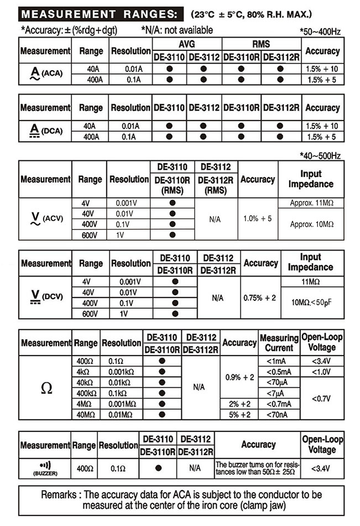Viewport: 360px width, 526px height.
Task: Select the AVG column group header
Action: [187, 44]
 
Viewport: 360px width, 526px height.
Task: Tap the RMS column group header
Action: [261, 44]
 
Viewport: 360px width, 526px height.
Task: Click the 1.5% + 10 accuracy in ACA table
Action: [322, 70]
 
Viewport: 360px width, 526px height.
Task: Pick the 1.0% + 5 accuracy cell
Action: [258, 219]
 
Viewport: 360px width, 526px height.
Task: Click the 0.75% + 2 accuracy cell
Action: [260, 298]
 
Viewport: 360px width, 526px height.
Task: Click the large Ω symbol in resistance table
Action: [46, 388]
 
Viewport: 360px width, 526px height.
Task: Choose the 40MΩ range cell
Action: [87, 414]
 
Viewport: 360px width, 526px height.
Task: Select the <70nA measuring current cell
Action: [279, 414]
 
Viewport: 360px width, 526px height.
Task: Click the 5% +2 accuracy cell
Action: [239, 414]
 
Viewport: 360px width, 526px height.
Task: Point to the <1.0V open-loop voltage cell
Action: [321, 372]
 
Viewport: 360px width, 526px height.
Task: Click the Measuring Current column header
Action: [279, 343]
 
